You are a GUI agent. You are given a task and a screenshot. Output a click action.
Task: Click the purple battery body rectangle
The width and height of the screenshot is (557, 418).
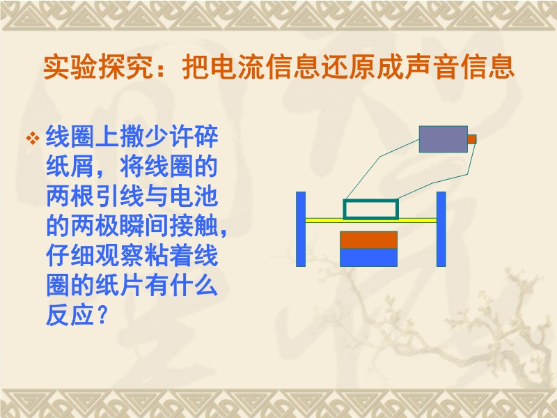point(444,139)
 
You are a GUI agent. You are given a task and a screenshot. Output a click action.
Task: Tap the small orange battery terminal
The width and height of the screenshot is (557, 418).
point(472,139)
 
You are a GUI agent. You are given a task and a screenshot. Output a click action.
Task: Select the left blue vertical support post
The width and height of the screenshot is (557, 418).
point(301,229)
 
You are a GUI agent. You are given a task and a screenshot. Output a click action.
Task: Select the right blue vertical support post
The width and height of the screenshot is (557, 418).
point(441,229)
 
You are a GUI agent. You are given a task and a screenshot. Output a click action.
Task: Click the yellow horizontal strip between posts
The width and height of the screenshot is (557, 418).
point(371,220)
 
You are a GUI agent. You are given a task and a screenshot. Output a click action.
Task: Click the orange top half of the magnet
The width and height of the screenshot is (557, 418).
point(369,240)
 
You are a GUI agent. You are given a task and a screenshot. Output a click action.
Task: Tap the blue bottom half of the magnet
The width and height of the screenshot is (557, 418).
point(369,258)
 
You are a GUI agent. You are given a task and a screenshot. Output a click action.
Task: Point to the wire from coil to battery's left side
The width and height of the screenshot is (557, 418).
point(380,156)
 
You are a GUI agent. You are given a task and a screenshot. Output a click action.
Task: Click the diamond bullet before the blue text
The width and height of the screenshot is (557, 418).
point(33,138)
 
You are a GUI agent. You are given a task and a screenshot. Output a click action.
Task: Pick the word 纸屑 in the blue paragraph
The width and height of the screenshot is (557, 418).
point(70,167)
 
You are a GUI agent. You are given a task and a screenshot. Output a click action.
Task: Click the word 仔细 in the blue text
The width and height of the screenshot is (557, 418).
point(70,255)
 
